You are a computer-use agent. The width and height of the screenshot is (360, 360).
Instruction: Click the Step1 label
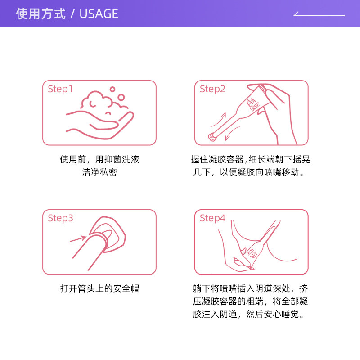[x=60, y=89]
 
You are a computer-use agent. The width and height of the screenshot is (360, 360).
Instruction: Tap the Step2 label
[x=212, y=89]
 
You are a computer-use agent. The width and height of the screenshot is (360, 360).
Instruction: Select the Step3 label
[x=60, y=218]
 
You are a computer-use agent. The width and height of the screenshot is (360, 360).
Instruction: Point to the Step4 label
[x=212, y=218]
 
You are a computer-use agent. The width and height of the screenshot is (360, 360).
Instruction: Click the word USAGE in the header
[x=99, y=14]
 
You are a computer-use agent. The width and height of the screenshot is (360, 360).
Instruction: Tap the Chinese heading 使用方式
[x=41, y=14]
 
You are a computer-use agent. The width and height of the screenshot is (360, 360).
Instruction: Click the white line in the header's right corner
[x=319, y=15]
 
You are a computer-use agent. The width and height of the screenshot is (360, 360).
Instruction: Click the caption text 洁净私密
[x=99, y=172]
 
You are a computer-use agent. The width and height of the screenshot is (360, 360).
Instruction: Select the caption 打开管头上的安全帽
[x=99, y=288]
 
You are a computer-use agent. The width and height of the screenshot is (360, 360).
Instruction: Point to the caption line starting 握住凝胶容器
[x=251, y=159]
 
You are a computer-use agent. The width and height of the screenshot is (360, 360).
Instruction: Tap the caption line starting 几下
[x=251, y=172]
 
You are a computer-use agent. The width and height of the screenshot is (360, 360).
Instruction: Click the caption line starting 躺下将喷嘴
[x=251, y=288]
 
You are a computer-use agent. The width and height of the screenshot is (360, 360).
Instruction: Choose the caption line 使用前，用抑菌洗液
[x=99, y=159]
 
